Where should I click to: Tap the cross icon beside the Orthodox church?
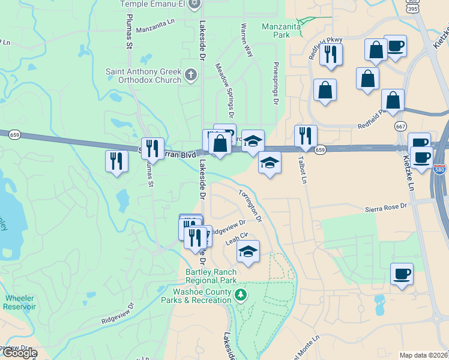tap(191, 75)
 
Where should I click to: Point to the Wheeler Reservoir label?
tap(20, 302)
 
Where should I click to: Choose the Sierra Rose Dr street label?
tap(386, 207)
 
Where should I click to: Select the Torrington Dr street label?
tap(250, 206)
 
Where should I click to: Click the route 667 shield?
tap(401, 127)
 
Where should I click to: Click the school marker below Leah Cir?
tap(248, 251)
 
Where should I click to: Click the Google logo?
tap(19, 353)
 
